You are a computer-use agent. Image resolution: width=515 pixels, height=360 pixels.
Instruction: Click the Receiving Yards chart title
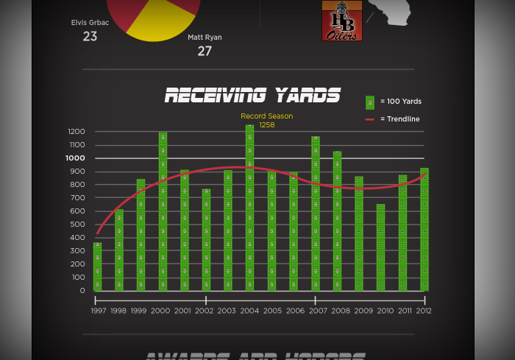point(252,95)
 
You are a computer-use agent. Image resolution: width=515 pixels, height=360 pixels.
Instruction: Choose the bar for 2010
point(380,247)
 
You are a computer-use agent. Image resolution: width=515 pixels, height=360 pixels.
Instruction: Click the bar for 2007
point(315,213)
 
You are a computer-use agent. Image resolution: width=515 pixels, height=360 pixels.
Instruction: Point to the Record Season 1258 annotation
point(266,120)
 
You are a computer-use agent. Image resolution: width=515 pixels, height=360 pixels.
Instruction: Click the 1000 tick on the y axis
point(76,158)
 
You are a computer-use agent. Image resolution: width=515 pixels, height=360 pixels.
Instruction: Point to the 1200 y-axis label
point(77,132)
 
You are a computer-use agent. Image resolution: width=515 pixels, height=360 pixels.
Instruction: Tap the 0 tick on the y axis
point(82,291)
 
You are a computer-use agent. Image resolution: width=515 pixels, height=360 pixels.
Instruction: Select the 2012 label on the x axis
point(424,311)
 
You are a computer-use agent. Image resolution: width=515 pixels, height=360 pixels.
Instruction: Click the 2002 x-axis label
point(205,311)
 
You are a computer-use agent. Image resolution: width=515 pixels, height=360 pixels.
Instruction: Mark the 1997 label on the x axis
point(99,311)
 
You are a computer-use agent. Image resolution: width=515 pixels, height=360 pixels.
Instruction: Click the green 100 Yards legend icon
point(370,102)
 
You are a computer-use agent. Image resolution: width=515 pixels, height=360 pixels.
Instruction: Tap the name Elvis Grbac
point(90,22)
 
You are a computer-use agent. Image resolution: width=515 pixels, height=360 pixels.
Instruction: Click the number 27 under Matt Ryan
point(205,51)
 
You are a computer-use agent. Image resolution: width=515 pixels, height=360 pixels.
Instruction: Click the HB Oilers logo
point(341,21)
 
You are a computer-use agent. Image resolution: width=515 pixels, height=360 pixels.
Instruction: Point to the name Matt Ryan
point(205,37)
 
